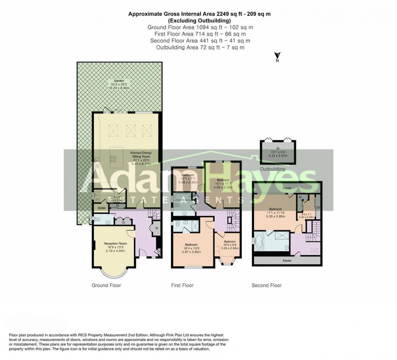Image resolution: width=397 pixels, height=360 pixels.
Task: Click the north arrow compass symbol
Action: pos(277,57)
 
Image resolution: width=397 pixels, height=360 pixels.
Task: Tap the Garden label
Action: pos(119,81)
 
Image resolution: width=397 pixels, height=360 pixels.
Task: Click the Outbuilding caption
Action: pos(273,169)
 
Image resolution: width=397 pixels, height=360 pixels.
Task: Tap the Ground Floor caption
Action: pos(106,285)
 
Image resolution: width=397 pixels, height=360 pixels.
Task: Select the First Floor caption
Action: pos(182,285)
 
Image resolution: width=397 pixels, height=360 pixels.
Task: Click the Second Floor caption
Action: pos(267,285)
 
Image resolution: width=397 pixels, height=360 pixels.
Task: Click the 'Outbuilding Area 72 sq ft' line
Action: pos(200,47)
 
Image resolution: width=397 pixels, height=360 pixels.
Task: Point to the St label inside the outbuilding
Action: pos(278,149)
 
